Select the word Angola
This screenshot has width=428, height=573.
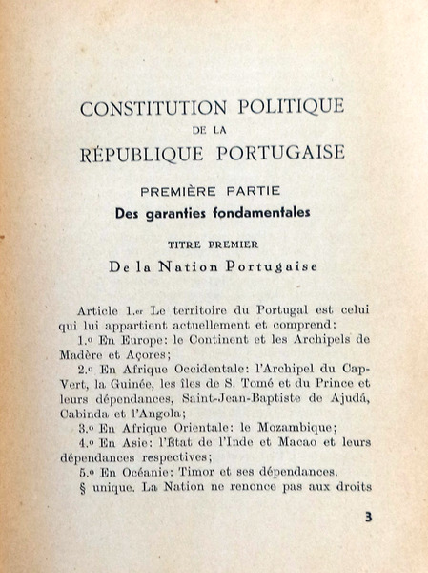(155, 417)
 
